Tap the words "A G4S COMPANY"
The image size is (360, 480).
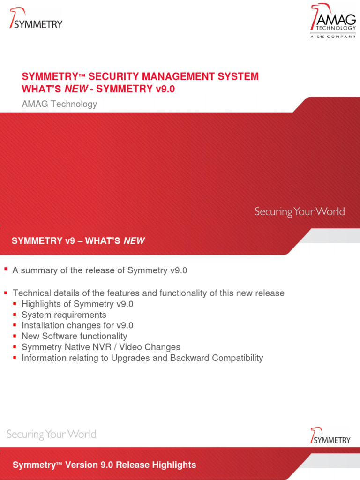coord(333,37)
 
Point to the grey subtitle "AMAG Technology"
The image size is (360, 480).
coord(60,104)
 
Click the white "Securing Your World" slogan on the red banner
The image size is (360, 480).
coord(300,211)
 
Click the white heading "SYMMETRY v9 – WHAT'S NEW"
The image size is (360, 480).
coord(78,241)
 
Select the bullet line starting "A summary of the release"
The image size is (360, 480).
coord(100,270)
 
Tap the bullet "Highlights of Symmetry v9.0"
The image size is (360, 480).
coord(77,304)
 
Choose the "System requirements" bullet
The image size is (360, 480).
coord(64,315)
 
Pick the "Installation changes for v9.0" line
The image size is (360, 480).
coord(75,325)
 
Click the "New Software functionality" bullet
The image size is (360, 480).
coord(74,336)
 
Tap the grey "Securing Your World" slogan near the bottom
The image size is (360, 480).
coord(52,434)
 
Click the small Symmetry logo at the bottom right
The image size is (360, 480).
coord(330,435)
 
